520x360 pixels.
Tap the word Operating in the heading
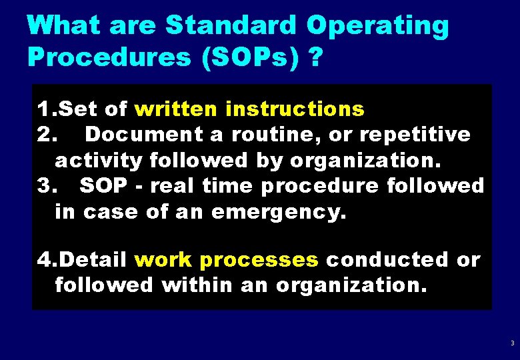coord(377,27)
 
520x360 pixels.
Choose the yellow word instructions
coord(295,108)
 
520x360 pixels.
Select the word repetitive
coord(415,134)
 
